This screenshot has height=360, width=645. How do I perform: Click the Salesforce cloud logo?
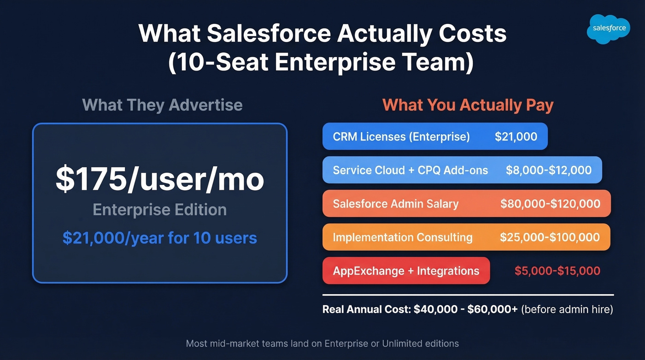pos(609,28)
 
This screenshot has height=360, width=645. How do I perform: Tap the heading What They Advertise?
pos(162,105)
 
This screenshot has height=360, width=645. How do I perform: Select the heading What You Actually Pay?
pos(468,105)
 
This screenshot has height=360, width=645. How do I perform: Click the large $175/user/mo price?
pos(160,179)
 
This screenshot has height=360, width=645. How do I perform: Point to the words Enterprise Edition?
pos(159,210)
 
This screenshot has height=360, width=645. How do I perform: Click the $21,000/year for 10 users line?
pos(159,238)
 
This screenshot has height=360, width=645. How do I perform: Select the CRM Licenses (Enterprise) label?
pos(401,136)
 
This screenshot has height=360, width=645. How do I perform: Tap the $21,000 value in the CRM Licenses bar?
pos(516,136)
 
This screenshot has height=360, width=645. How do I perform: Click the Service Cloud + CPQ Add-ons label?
pos(410,170)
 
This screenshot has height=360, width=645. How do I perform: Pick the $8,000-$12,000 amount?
pos(548,170)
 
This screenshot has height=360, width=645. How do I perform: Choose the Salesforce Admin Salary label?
pos(395,204)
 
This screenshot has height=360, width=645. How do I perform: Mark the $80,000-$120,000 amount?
pos(550,204)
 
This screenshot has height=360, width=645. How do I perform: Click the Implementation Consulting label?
pos(402,237)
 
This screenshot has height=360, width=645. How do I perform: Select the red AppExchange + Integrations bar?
pos(406,271)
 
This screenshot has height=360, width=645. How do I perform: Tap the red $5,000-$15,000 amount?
pos(557,271)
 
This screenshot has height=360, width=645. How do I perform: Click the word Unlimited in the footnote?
pos(402,343)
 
